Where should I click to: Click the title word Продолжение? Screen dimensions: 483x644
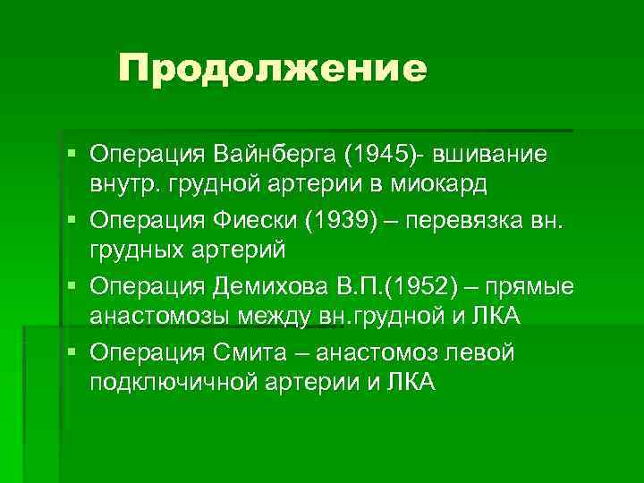(273, 69)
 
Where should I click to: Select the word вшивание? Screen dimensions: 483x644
(502, 155)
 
